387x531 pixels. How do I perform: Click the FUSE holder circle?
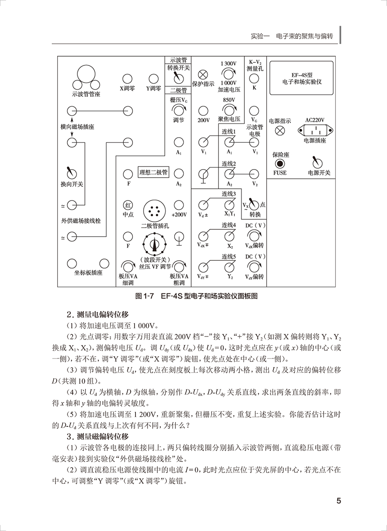click(x=279, y=164)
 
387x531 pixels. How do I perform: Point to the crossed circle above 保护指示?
click(x=203, y=73)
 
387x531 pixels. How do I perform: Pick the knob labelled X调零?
click(x=127, y=78)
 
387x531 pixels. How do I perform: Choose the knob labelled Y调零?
click(x=153, y=78)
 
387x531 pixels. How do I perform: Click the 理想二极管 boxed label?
click(x=153, y=173)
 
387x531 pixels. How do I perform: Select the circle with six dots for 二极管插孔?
click(x=153, y=211)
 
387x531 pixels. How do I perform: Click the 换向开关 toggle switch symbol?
click(x=71, y=173)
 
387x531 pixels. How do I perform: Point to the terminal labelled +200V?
click(x=178, y=204)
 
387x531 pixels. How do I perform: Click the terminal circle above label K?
click(x=254, y=78)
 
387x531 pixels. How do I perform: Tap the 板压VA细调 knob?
click(x=127, y=265)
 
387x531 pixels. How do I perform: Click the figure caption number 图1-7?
click(x=144, y=296)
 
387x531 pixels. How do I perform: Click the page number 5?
click(x=338, y=501)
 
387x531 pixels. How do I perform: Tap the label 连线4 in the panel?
click(x=229, y=225)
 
